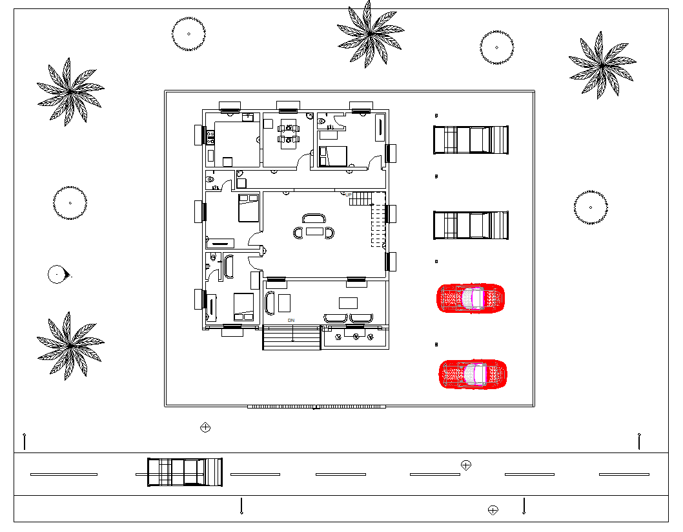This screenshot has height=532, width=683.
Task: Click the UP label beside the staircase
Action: [349, 195]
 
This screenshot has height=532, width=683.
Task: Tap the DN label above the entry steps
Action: [291, 321]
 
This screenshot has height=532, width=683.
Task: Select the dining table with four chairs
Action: [289, 133]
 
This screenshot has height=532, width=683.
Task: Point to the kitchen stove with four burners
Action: [210, 136]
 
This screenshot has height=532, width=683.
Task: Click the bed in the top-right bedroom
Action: [333, 156]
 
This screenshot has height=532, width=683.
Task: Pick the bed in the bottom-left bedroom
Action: [243, 306]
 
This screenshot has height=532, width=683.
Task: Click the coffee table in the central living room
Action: [315, 231]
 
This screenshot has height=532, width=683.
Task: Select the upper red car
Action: [471, 297]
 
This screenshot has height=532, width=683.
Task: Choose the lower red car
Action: [473, 374]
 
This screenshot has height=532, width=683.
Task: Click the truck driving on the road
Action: [185, 472]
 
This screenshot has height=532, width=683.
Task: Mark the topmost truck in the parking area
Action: [471, 140]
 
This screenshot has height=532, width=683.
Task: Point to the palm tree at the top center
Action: [370, 32]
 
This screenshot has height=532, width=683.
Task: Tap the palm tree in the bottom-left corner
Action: [69, 345]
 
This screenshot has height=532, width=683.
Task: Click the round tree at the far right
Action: [590, 207]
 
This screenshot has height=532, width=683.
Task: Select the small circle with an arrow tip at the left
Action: [57, 275]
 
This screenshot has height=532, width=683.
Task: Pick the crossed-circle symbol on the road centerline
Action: [466, 465]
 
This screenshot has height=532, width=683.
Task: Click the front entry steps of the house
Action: [292, 338]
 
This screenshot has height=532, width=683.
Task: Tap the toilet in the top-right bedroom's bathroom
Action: [321, 120]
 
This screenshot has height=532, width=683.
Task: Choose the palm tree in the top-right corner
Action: [602, 65]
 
